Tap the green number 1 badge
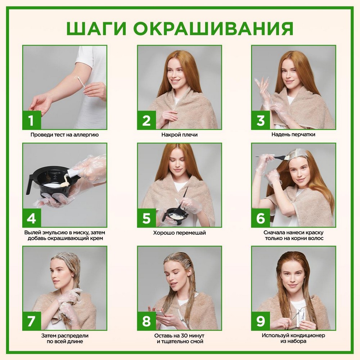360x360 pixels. (x=32, y=120)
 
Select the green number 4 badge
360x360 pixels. (x=32, y=218)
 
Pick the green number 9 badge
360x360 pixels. (x=260, y=321)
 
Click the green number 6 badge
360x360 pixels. (x=260, y=218)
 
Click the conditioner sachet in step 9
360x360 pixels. (x=298, y=312)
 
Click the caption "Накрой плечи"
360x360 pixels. (x=179, y=135)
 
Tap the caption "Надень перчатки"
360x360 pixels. (x=293, y=135)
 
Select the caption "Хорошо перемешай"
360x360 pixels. (x=179, y=233)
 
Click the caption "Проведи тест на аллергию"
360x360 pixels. (x=64, y=135)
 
